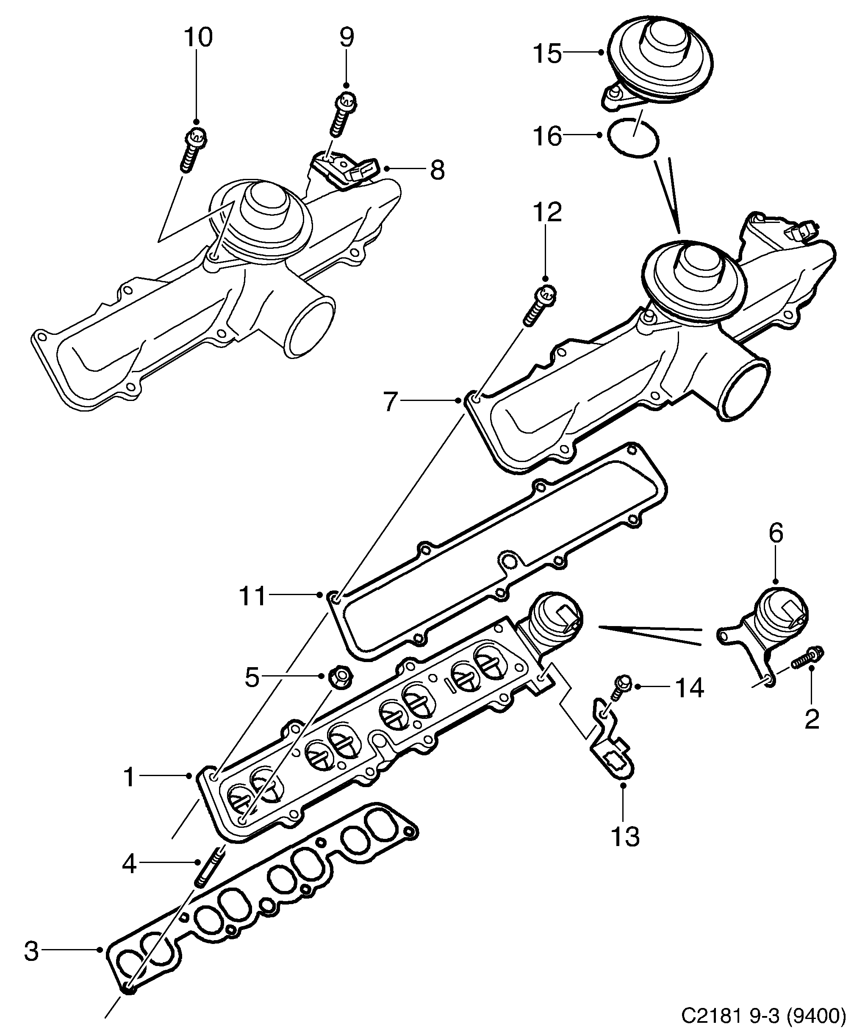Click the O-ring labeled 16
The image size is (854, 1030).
pyautogui.click(x=633, y=138)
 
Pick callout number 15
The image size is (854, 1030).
pyautogui.click(x=547, y=53)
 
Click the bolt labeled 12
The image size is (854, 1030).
pyautogui.click(x=539, y=306)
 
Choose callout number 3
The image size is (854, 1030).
pyautogui.click(x=31, y=951)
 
